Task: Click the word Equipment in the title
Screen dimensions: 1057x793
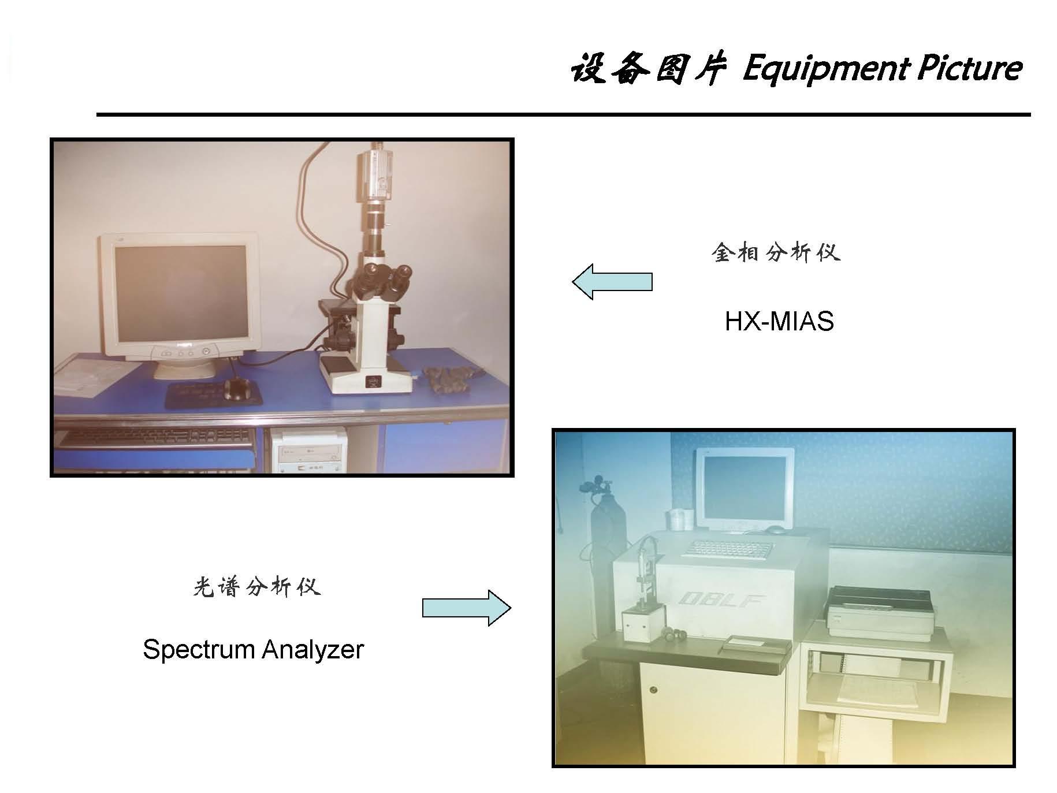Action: [824, 70]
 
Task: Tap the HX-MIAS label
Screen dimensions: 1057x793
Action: [779, 321]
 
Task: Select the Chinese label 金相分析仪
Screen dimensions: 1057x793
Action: [776, 252]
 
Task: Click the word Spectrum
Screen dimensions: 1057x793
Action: [199, 650]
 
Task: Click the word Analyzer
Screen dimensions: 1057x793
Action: [312, 650]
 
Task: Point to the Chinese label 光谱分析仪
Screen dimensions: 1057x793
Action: [256, 587]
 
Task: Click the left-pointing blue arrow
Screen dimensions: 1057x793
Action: [612, 282]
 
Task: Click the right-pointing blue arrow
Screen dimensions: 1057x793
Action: [467, 608]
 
